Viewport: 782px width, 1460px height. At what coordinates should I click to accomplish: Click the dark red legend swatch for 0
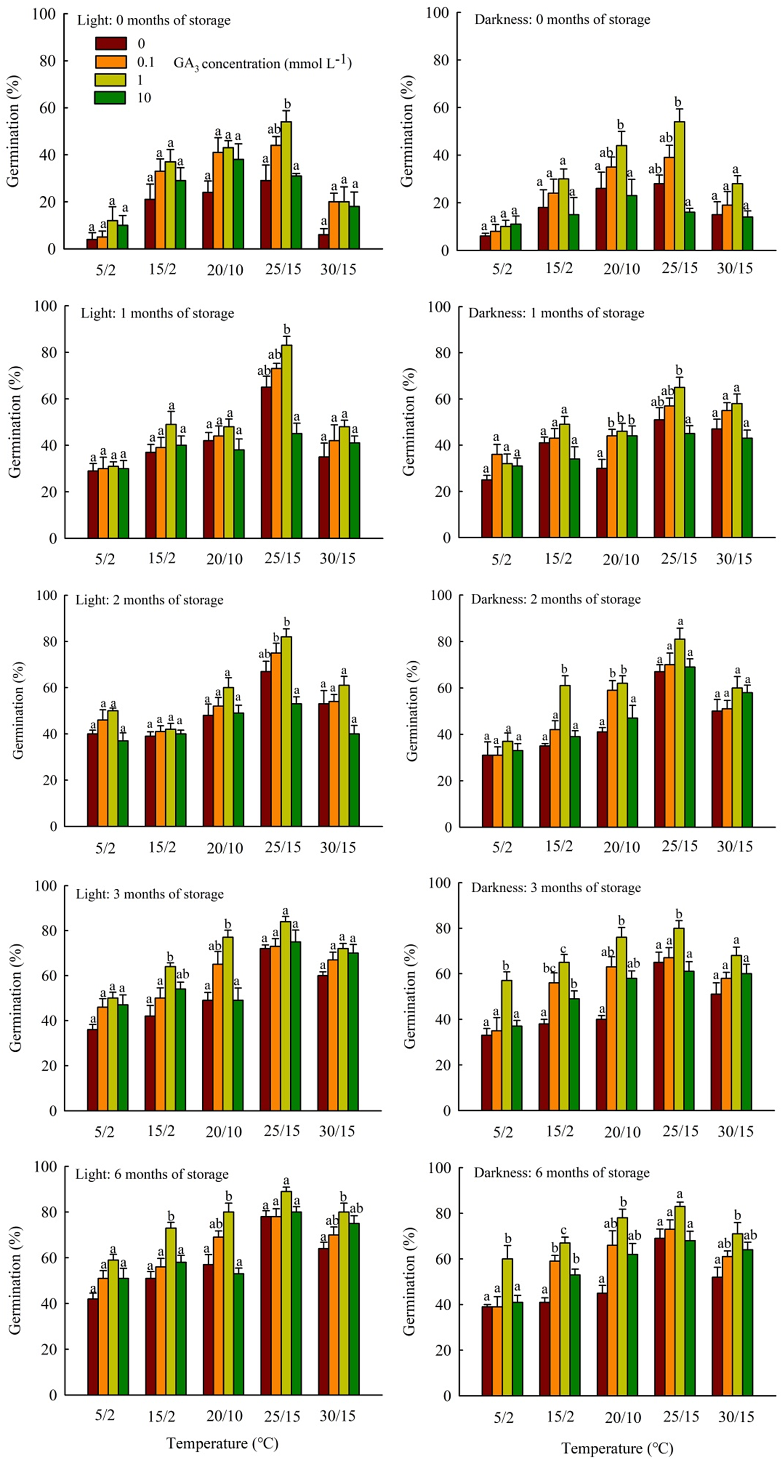pos(111,44)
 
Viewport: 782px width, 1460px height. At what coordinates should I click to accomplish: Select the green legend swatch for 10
pos(111,98)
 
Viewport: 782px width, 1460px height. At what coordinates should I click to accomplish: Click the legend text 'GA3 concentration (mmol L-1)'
pos(262,63)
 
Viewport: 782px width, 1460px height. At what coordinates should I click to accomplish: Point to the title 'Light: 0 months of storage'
pos(154,20)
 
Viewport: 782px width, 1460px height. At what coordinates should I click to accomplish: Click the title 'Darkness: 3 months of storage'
pos(556,888)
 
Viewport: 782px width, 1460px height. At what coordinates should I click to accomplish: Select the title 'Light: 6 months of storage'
pos(152,1174)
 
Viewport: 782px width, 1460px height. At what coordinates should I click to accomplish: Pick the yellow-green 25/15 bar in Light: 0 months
pos(286,186)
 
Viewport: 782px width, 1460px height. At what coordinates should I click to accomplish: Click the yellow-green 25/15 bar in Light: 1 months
pos(286,442)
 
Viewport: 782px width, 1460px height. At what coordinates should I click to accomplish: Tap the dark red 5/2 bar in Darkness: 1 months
pos(486,509)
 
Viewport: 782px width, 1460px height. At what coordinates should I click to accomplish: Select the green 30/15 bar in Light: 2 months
pos(354,780)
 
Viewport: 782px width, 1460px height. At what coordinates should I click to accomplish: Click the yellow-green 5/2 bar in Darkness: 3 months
pos(506,1045)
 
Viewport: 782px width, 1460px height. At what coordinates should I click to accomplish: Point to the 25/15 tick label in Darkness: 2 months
pos(680,847)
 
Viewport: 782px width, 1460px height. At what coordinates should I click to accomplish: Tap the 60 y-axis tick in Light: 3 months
pos(49,976)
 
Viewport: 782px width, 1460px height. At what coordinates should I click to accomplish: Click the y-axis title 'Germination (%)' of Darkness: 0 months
pos(407,131)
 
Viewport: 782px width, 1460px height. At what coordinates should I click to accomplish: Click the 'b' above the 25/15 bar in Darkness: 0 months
pos(678,102)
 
